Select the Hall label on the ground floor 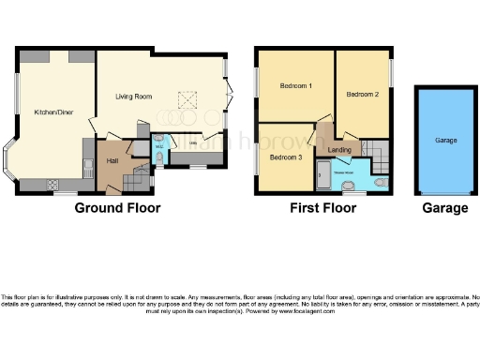pos(112,160)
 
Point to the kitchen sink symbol pos(86,168)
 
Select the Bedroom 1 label pos(295,86)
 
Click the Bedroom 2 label pos(362,95)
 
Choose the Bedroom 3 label pos(285,157)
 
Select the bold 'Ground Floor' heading pos(117,208)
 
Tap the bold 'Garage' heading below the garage pos(444,208)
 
